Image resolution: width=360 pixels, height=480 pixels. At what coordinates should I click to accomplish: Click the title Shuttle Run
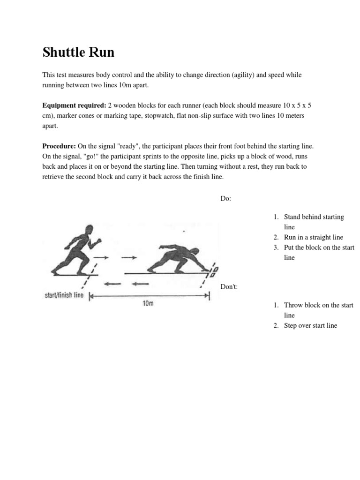(x=78, y=52)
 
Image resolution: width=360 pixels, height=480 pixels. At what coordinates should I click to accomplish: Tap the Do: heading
(x=225, y=198)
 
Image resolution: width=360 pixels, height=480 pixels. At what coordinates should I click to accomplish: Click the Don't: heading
(x=229, y=286)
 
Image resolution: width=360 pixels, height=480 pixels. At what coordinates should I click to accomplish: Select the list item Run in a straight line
(x=314, y=238)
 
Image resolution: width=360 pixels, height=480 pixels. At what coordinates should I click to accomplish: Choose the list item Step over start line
(x=310, y=326)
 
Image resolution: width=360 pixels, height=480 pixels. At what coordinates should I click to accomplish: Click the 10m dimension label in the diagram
(x=148, y=304)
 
